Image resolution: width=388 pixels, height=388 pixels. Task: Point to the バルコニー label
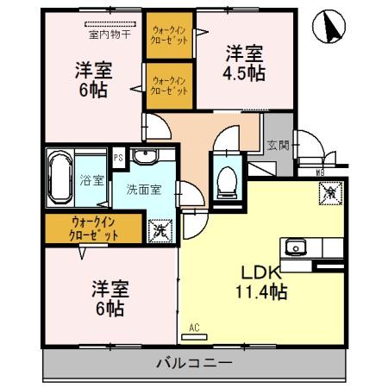point(195,363)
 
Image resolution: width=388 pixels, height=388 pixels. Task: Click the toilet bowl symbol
point(228,180)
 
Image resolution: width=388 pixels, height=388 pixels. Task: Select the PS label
point(119,157)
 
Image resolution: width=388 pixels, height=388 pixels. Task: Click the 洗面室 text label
point(142,188)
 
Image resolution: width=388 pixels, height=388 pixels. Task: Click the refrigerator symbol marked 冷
point(330,196)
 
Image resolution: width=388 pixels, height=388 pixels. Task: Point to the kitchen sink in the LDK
point(297,247)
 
